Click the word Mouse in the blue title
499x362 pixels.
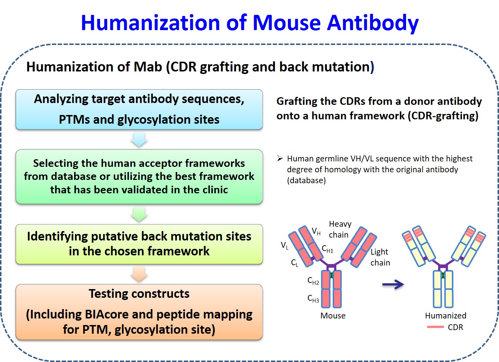287,23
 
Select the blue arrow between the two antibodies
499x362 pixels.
393,284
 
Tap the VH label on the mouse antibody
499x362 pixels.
316,231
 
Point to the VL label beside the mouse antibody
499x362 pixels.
285,246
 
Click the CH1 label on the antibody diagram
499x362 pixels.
328,249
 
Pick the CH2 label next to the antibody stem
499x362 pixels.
313,281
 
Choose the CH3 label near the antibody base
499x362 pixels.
313,299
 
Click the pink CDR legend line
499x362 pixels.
435,327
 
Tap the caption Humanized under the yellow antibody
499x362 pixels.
446,316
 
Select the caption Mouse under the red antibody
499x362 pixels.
333,316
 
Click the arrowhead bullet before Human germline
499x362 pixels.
280,159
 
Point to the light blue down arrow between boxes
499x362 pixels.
139,140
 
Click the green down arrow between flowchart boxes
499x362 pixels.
139,214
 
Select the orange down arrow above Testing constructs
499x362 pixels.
139,275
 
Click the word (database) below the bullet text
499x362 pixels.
306,180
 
